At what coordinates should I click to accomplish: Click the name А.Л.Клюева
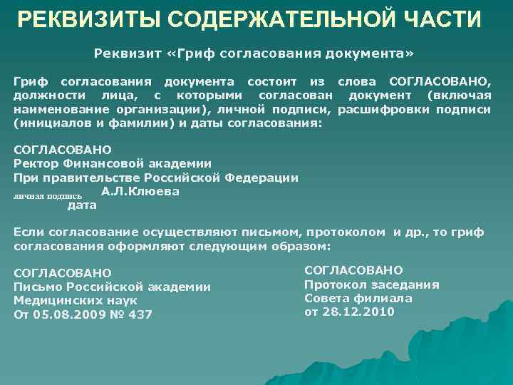click(140, 191)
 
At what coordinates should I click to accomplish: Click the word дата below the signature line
click(81, 205)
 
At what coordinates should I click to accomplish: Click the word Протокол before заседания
click(333, 284)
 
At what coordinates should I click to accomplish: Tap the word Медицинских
click(53, 300)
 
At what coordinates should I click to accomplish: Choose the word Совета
click(325, 298)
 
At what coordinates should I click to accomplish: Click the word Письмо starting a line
click(37, 287)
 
